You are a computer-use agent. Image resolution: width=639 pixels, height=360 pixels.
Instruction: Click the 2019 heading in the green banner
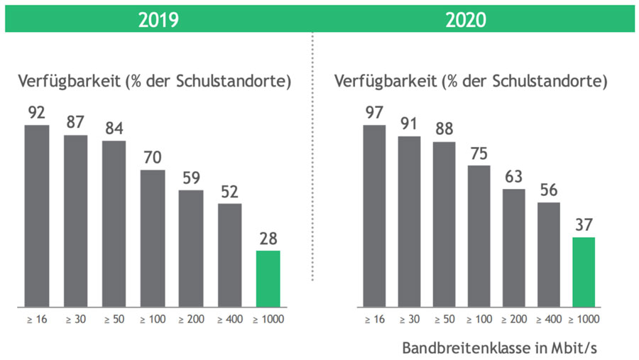(x=158, y=20)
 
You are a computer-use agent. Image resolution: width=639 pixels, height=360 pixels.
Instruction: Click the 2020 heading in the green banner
(x=466, y=20)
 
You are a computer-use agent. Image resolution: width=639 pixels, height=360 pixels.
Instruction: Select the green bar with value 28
(x=268, y=278)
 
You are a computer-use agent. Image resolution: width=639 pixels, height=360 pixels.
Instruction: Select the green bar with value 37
(x=583, y=272)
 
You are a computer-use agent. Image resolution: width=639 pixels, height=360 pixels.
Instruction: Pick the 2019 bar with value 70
(x=153, y=238)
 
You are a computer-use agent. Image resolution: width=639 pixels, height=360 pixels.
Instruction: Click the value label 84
(x=114, y=130)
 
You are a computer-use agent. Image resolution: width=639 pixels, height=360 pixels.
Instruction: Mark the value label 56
(x=548, y=192)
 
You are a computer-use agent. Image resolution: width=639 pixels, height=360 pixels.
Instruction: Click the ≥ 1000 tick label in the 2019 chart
(x=268, y=320)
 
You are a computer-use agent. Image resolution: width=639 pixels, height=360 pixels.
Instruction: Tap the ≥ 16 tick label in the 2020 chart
(x=375, y=320)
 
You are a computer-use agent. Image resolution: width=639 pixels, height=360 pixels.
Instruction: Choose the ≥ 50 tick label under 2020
(x=444, y=320)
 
